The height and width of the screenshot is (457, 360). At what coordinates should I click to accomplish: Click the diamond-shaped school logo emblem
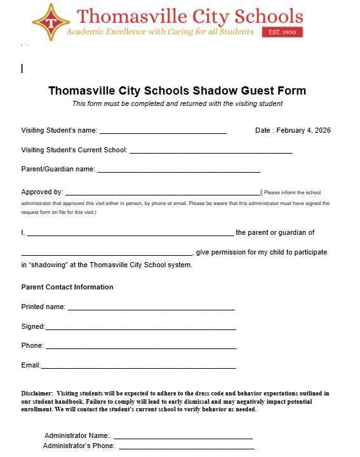51,22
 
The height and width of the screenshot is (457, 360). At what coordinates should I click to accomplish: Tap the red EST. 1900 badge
283,32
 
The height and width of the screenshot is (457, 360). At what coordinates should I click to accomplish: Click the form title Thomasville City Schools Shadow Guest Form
177,91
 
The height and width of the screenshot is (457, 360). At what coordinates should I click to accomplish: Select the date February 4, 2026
303,131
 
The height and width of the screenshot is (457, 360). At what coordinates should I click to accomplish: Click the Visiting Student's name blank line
163,131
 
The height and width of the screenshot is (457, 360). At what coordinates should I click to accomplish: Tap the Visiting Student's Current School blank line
210,151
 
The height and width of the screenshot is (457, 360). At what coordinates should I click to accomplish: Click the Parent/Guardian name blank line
178,170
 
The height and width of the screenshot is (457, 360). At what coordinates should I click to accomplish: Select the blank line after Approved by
163,193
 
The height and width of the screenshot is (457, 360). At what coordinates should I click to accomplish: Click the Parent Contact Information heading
67,287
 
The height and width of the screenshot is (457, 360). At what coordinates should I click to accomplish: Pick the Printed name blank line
151,308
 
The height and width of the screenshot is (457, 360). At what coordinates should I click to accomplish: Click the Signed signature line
140,328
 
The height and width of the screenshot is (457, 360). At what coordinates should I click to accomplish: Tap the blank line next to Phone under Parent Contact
141,347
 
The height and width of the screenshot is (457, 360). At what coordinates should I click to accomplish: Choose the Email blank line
138,366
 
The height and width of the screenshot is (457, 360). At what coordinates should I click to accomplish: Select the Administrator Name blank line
183,437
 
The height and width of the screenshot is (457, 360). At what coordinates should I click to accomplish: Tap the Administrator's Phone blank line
186,447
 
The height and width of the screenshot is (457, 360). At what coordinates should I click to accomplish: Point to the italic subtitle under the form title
177,103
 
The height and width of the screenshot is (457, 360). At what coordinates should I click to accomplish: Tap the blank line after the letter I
130,234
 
